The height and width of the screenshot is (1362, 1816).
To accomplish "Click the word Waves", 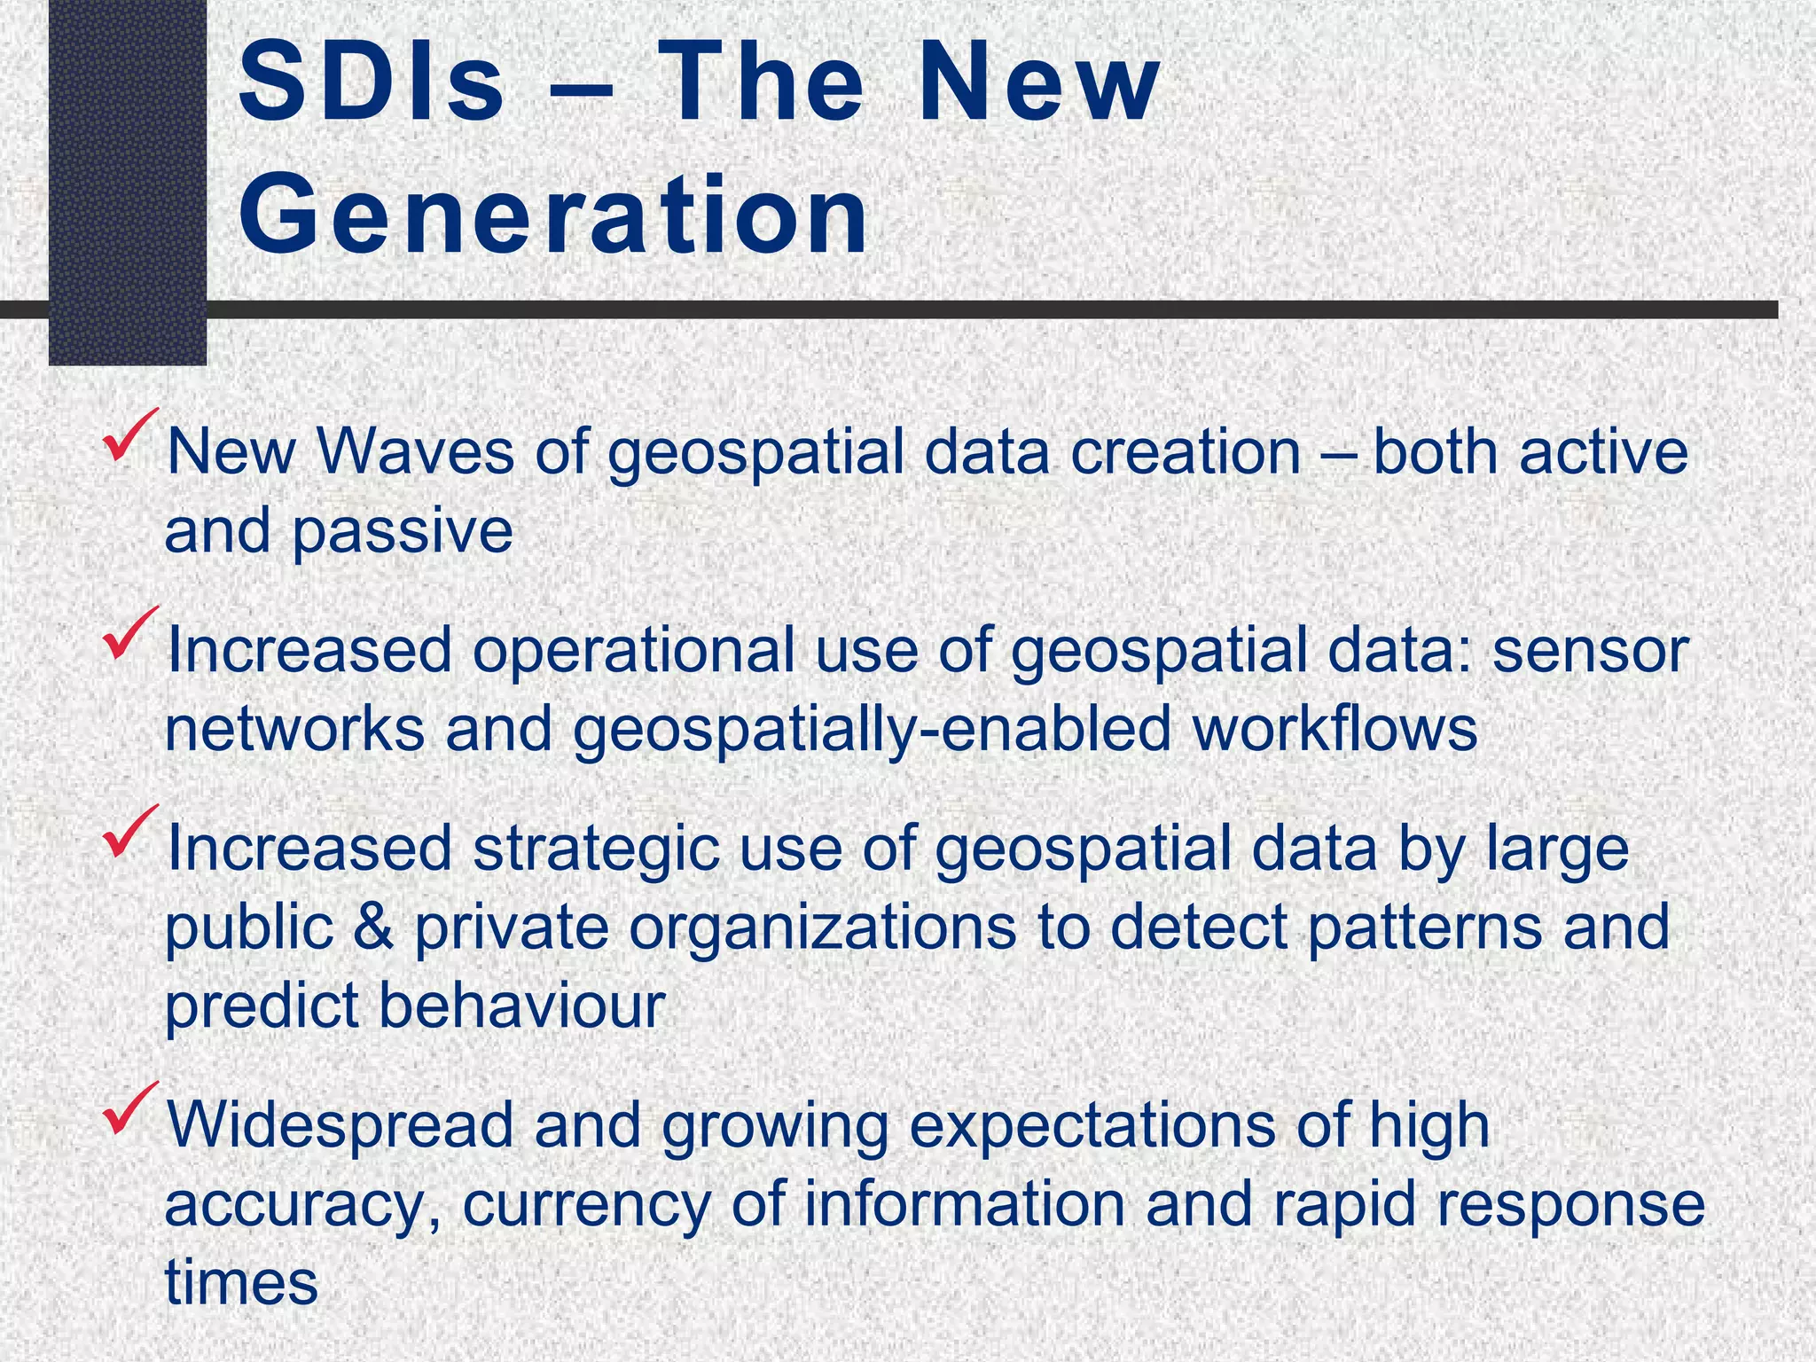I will [x=416, y=451].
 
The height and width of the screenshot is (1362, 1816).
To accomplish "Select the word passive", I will [x=403, y=531].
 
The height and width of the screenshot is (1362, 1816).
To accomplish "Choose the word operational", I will [x=633, y=650].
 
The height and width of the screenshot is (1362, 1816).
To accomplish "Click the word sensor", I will [x=1591, y=650].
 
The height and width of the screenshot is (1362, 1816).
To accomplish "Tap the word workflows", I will [x=1335, y=729].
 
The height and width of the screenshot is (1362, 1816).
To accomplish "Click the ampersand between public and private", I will [x=372, y=928].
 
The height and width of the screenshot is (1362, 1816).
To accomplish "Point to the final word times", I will [x=241, y=1283].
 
